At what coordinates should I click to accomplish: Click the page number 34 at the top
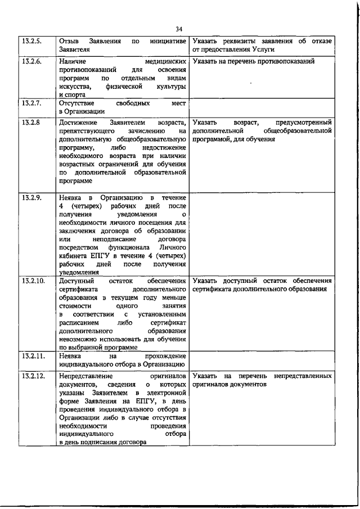pos(179,29)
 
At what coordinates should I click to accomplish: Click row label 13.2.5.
pos(31,42)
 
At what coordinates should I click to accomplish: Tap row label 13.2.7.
pos(31,103)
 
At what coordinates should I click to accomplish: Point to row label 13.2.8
pos(30,122)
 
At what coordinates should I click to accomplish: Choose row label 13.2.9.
pos(31,197)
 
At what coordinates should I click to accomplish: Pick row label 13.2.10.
pos(33,281)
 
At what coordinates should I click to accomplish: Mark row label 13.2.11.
pos(33,356)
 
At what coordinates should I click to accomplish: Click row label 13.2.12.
pos(33,375)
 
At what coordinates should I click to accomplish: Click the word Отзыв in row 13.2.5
pos(68,42)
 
